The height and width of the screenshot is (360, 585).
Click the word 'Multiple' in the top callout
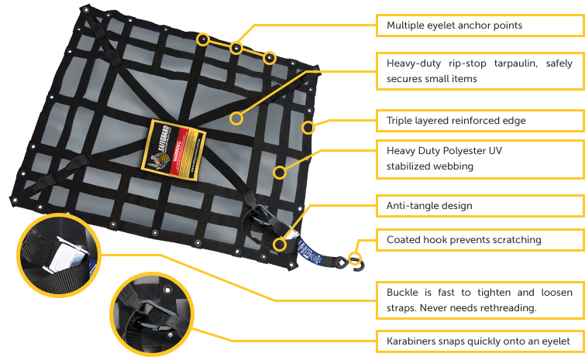pos(404,26)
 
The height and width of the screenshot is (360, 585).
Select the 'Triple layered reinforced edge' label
pos(456,121)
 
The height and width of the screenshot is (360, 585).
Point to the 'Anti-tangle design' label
pos(428,207)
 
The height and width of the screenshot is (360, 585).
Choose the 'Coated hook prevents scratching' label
pos(463,240)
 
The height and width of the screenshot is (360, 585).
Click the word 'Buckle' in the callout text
pos(403,293)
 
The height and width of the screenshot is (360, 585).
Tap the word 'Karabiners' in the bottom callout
pos(412,341)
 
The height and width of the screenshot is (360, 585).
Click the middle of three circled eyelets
pos(236,49)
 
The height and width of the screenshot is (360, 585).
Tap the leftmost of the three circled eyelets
pos(202,38)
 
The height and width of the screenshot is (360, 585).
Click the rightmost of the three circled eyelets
pos(269,57)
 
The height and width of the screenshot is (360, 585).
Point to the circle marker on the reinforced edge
pos(308,128)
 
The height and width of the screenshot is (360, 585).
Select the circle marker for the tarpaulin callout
pos(237,119)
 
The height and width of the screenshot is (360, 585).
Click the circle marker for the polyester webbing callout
pos(280,170)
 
